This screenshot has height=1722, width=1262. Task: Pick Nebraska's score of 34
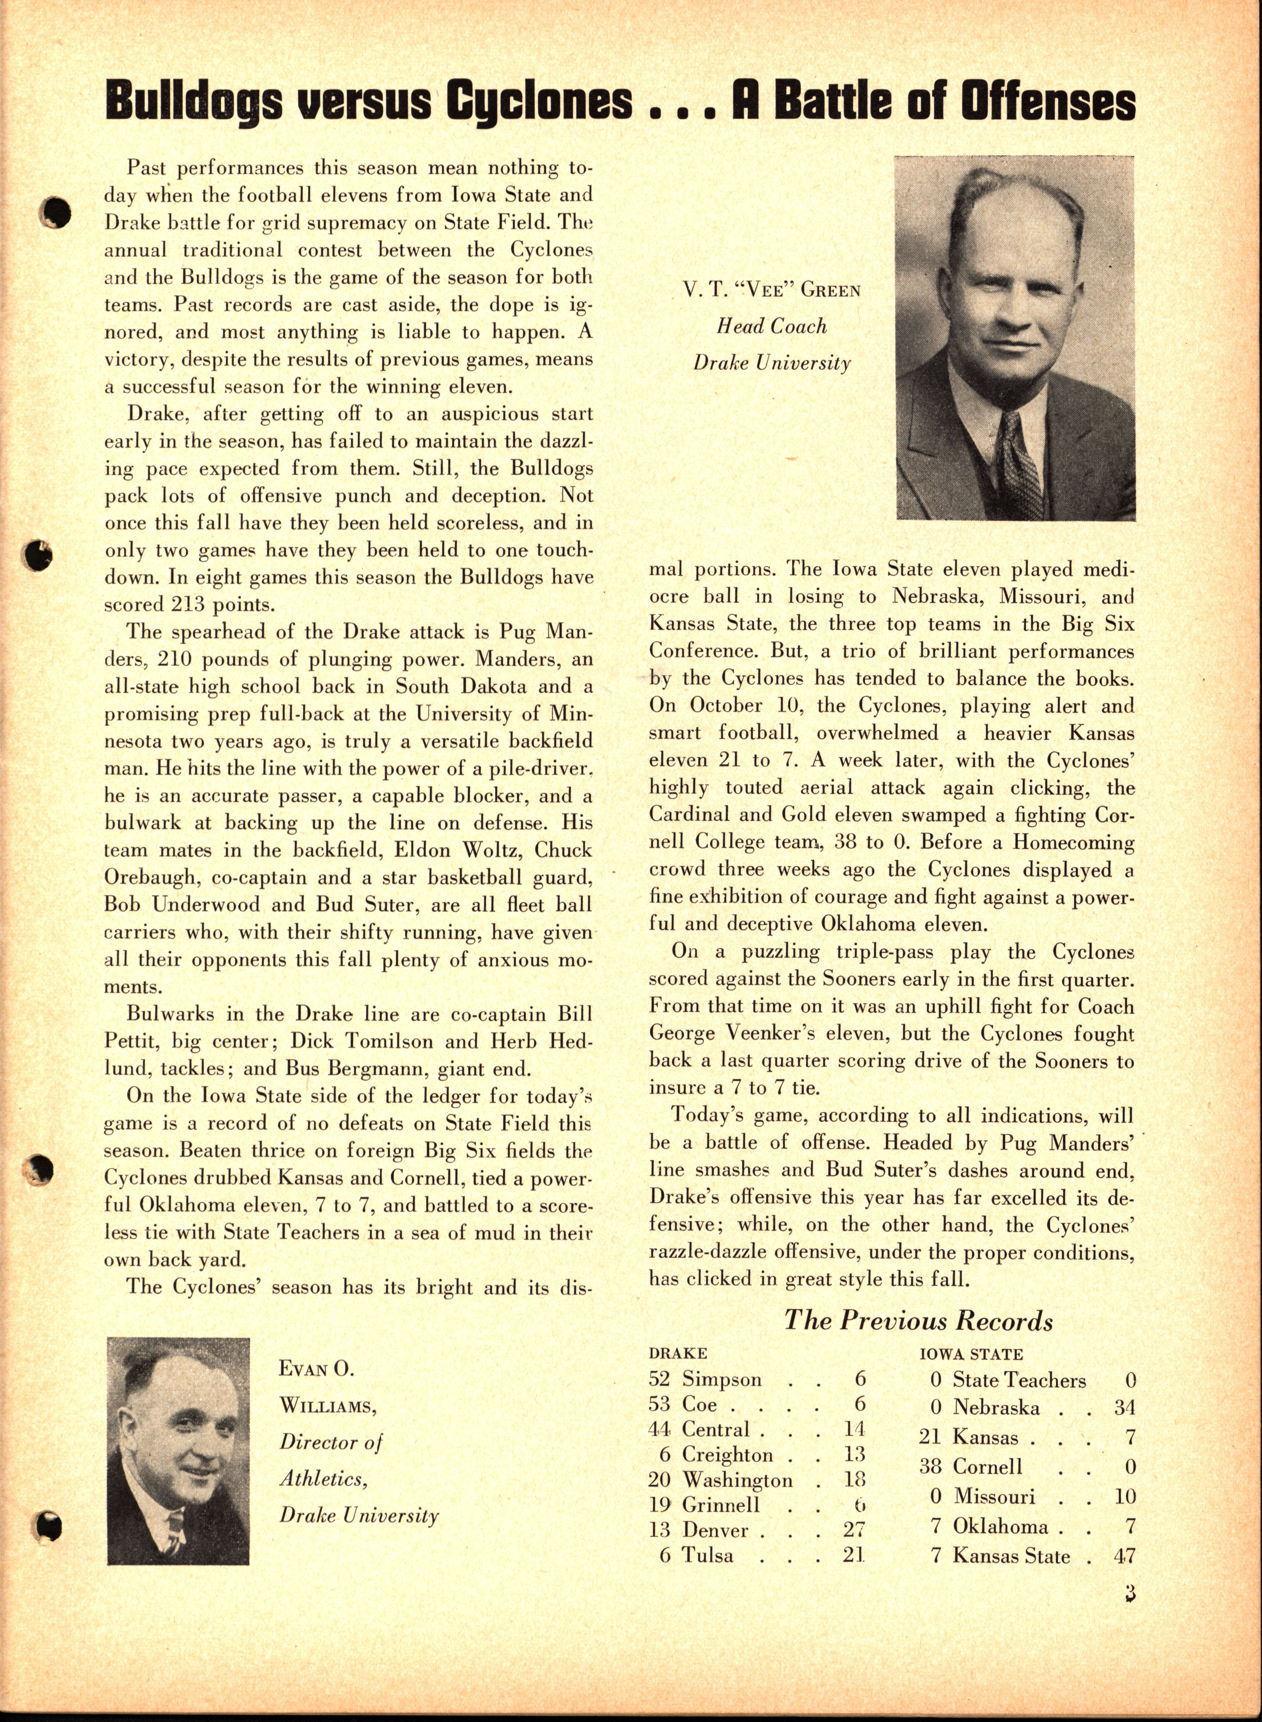(x=1124, y=1407)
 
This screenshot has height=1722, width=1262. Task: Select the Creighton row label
(x=727, y=1454)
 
